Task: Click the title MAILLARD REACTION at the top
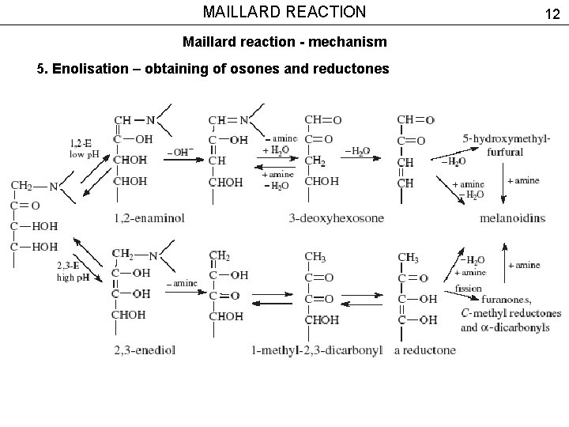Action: coord(284,12)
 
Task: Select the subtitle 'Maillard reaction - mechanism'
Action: coord(284,40)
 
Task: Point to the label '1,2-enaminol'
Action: coord(149,217)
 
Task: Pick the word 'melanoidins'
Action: coord(512,217)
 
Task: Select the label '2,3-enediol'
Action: coord(145,349)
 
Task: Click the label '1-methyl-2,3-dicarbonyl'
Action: coord(317,349)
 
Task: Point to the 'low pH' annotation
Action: coord(84,154)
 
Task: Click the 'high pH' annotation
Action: coord(72,277)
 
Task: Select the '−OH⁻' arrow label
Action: coord(180,152)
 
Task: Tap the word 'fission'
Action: coord(468,289)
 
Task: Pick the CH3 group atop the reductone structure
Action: coord(409,257)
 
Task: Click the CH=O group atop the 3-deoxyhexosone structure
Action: coord(323,120)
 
